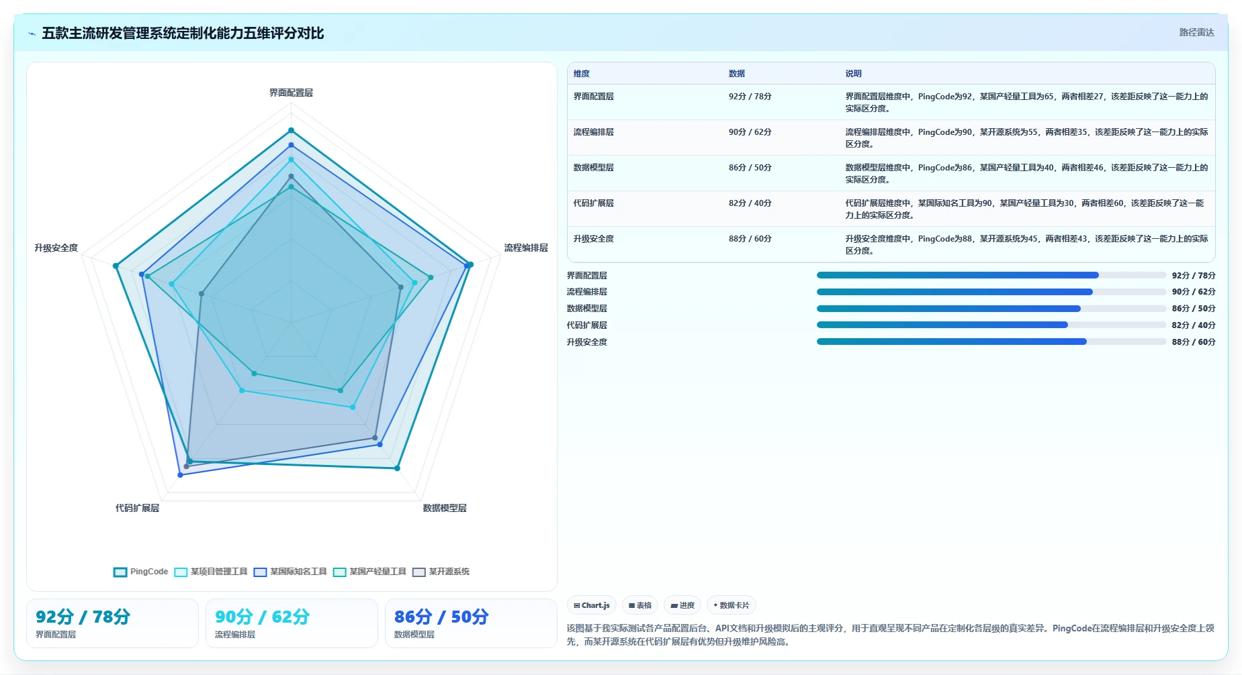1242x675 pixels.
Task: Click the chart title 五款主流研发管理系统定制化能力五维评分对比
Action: (x=183, y=33)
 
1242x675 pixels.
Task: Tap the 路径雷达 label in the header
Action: (x=1196, y=32)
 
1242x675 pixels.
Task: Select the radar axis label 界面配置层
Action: (x=291, y=93)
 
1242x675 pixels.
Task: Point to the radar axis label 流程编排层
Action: (x=526, y=248)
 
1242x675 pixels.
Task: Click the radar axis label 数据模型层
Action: (x=445, y=508)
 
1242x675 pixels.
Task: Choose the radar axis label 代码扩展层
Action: (x=137, y=508)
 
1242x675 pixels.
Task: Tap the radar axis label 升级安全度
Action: (x=56, y=248)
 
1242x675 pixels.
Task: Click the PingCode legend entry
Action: (x=140, y=572)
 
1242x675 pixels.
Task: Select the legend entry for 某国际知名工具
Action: (x=290, y=572)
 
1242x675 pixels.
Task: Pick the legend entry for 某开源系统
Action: (x=441, y=572)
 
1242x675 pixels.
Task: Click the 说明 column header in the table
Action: (x=853, y=74)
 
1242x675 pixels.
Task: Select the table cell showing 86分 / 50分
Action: (x=750, y=168)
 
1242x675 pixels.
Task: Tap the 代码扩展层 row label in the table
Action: (x=593, y=203)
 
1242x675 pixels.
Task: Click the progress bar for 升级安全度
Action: (x=991, y=342)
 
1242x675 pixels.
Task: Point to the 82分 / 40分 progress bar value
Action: (x=1194, y=325)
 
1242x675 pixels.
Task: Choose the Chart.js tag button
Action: (x=592, y=605)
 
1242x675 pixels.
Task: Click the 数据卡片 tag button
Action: (x=731, y=605)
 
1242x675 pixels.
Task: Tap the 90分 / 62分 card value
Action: (x=262, y=617)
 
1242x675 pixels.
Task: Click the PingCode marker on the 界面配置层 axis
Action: (x=291, y=130)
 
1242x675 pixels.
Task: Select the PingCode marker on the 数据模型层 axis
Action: (x=397, y=468)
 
